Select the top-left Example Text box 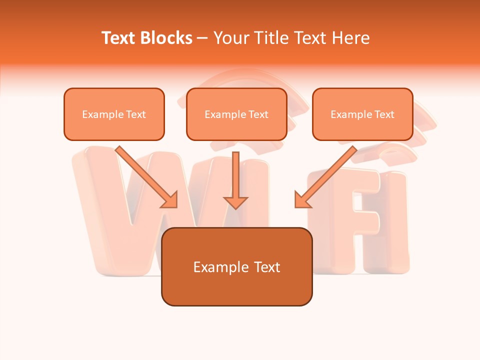click(x=114, y=114)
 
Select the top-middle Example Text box click(x=236, y=114)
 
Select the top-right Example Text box click(x=362, y=114)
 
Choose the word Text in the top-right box click(x=384, y=114)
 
